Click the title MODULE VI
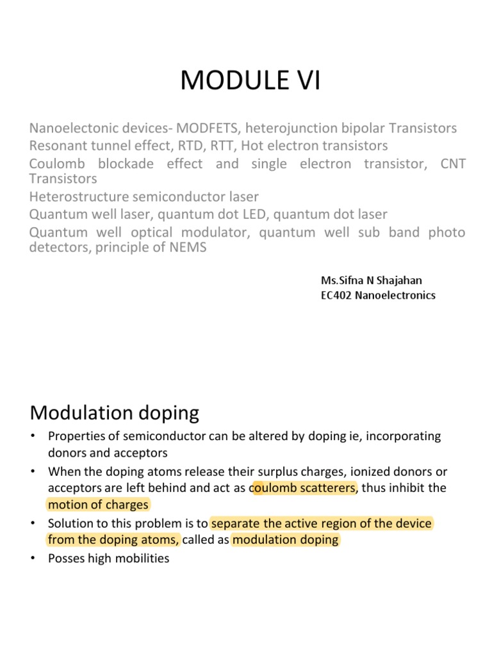[x=250, y=82]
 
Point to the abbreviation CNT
[x=453, y=164]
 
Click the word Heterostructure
[x=76, y=196]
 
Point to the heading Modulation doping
[x=115, y=413]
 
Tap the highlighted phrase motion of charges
[x=98, y=505]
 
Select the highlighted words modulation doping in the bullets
[x=286, y=539]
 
